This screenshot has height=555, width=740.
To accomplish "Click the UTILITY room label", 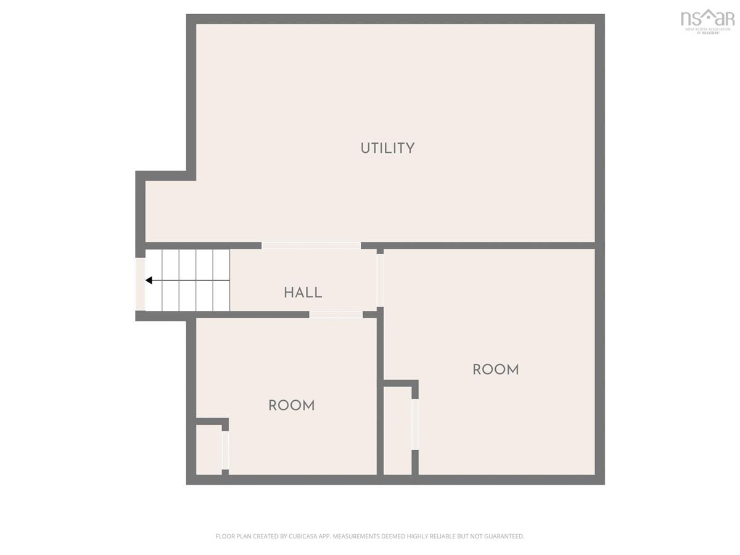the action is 387,148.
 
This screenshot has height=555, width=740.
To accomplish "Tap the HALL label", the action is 303,292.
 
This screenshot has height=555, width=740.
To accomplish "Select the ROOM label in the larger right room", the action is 496,369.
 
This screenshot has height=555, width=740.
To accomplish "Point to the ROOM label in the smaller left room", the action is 292,405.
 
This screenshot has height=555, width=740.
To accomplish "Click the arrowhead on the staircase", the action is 149,280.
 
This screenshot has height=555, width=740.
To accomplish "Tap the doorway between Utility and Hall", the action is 311,245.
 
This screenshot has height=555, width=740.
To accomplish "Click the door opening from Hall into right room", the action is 380,281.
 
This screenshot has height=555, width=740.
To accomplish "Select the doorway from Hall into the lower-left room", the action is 336,314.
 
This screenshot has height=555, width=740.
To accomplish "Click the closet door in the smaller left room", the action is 225,450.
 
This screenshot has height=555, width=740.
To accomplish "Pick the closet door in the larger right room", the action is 415,424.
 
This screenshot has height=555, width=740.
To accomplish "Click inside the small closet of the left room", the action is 209,450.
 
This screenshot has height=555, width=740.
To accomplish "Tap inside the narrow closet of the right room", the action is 398,430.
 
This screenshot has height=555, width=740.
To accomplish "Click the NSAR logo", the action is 707,22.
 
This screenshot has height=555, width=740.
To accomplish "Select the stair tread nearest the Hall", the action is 221,280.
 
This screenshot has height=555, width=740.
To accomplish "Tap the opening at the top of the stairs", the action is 140,284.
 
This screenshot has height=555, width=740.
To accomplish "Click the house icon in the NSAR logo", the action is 708,14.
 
